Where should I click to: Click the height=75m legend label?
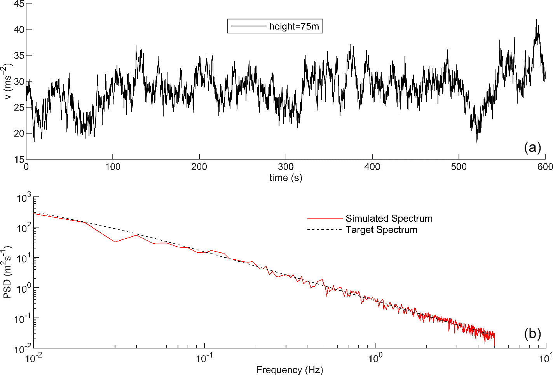point(294,26)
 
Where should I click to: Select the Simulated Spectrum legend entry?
point(389,219)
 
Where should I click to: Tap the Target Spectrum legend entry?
point(381,230)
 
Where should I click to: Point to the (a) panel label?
point(532,148)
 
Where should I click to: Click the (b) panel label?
point(532,334)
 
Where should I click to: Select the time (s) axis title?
point(286,178)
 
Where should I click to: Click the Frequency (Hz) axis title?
point(290,370)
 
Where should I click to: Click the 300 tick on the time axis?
point(286,167)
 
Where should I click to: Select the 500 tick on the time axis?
point(459,167)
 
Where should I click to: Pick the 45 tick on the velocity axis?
point(19,4)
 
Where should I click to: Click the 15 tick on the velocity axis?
point(19,159)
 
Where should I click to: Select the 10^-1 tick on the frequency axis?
point(202,358)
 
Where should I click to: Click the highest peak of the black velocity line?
point(537,20)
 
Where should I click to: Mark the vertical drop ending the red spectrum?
point(495,342)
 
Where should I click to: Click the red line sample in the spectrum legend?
point(324,219)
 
